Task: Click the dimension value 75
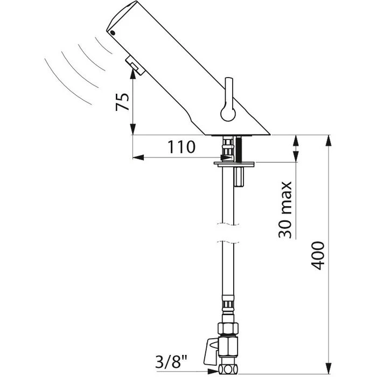pos(122,102)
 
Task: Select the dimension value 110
pos(181,147)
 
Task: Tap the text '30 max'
pos(285,210)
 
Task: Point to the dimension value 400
pos(318,256)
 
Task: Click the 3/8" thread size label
pos(171,361)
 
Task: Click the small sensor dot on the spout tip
pos(112,33)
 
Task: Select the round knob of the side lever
pos(228,113)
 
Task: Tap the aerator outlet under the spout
pos(135,65)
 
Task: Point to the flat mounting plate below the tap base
pos(234,164)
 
